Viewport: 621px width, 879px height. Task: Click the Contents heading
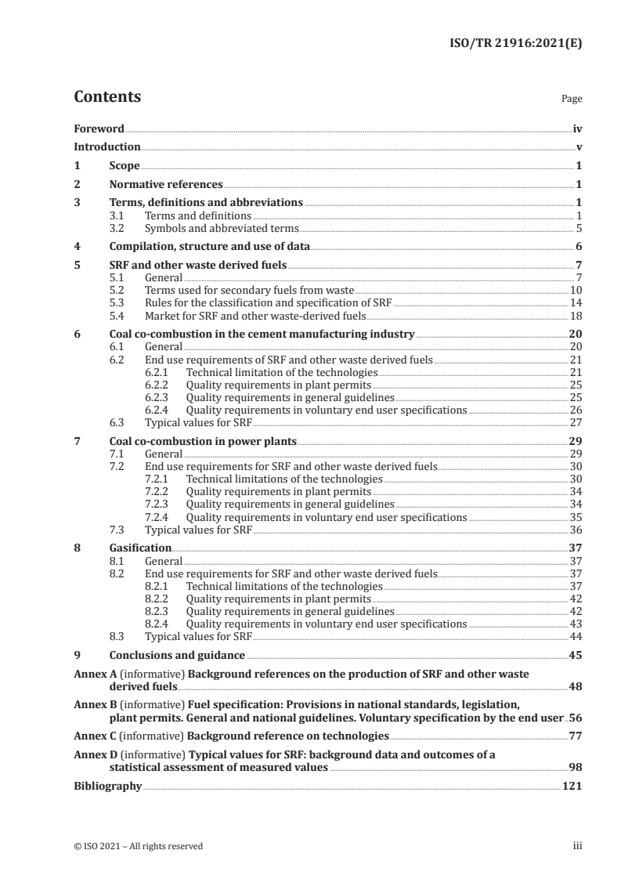pos(107,97)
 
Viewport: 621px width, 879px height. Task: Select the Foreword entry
pos(99,128)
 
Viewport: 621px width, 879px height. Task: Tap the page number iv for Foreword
pos(576,128)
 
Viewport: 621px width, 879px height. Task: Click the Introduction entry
pos(107,146)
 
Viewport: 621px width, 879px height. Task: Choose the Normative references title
pos(166,185)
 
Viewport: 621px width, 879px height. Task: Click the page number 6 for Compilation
pos(578,246)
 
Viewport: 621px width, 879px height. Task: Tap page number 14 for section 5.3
pos(574,303)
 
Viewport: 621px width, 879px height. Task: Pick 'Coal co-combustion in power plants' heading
pos(203,441)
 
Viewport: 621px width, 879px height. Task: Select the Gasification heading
pos(140,548)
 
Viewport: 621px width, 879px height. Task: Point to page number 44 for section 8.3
pos(574,636)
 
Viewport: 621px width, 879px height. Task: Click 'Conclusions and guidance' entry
pos(177,655)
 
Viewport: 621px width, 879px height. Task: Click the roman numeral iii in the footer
pos(576,846)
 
